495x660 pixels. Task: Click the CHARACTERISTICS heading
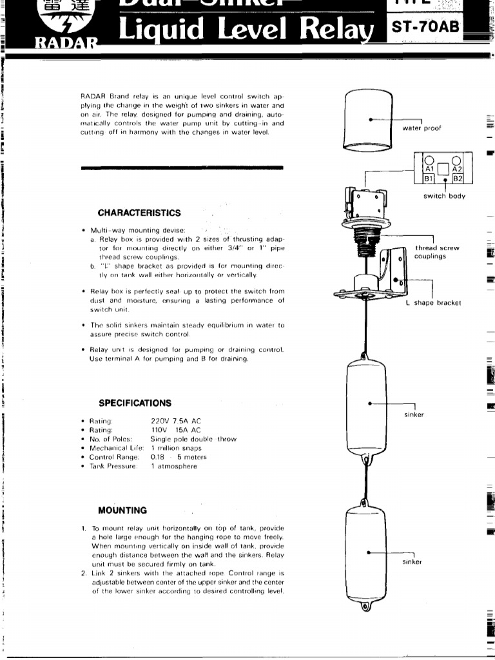tap(139, 213)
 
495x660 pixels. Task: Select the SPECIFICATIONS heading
tap(135, 403)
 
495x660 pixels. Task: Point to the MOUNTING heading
tap(122, 510)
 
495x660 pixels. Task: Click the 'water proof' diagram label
tap(422, 128)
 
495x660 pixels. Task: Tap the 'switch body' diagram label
tap(444, 196)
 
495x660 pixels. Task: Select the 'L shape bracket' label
tap(433, 302)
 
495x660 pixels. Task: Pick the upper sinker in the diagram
tap(367, 404)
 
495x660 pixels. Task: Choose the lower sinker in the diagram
tap(367, 553)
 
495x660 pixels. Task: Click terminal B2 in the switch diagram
tap(458, 179)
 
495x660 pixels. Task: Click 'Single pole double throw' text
tap(193, 439)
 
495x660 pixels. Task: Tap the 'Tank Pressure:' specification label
tap(113, 466)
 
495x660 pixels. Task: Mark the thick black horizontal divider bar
tap(182, 168)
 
